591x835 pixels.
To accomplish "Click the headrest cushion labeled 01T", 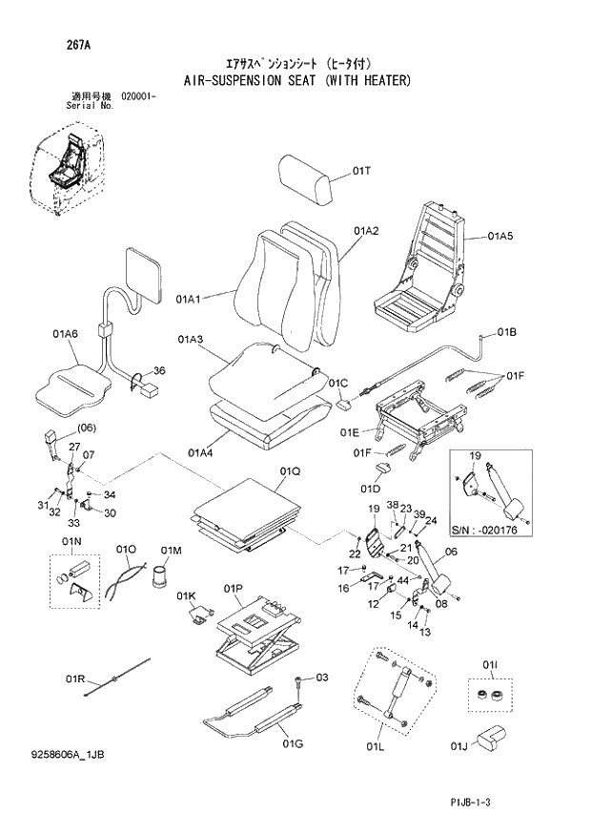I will [308, 175].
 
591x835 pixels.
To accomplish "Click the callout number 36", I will [159, 371].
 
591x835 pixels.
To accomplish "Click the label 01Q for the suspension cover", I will [290, 471].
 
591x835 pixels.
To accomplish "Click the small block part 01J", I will [490, 735].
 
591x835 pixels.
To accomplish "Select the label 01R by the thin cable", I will [76, 678].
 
